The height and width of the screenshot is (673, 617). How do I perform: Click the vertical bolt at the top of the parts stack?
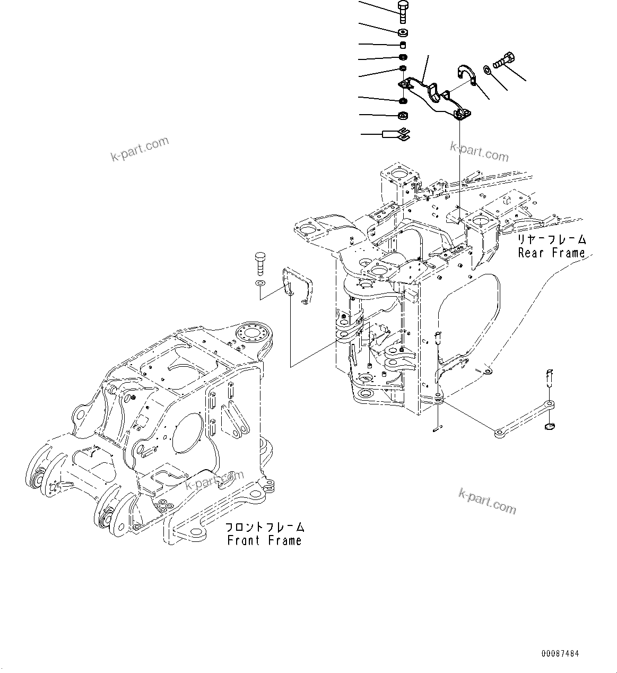pyautogui.click(x=402, y=12)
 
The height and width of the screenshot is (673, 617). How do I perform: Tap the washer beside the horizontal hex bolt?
pyautogui.click(x=486, y=69)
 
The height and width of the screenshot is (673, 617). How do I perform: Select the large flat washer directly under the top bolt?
pyautogui.click(x=402, y=32)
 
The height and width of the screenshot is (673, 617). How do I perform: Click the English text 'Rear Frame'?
pyautogui.click(x=551, y=253)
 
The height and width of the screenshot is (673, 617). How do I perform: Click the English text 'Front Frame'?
pyautogui.click(x=264, y=541)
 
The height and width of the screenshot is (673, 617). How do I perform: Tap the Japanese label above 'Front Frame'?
pyautogui.click(x=265, y=527)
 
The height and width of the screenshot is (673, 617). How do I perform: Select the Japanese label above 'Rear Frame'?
pyautogui.click(x=552, y=239)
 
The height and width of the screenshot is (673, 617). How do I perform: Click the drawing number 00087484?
pyautogui.click(x=560, y=652)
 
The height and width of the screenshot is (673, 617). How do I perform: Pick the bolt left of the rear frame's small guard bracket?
pyautogui.click(x=259, y=263)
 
